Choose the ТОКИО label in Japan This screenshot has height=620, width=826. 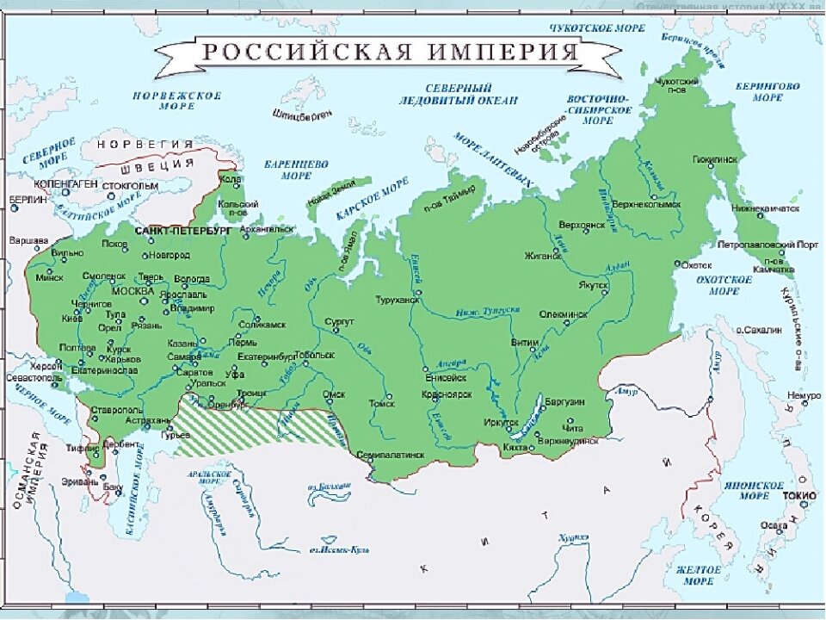(x=794, y=496)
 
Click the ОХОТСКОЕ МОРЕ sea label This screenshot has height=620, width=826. (x=723, y=285)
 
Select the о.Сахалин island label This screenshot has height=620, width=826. (x=761, y=330)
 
